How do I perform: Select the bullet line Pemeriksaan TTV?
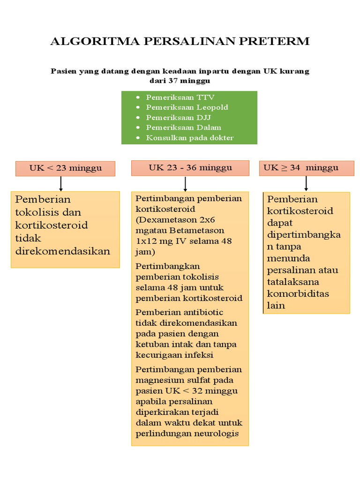(180, 97)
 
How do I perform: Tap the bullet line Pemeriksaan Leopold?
(187, 107)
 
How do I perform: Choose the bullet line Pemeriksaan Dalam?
(183, 127)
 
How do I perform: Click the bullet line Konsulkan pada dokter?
(189, 138)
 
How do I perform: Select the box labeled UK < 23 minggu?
(65, 168)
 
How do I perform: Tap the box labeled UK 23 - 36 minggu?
(190, 168)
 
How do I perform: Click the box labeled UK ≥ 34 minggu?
(307, 168)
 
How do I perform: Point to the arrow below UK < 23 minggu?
(61, 184)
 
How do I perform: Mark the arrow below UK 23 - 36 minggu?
(186, 183)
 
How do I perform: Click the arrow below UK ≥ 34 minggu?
(306, 183)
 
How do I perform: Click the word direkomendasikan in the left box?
(63, 251)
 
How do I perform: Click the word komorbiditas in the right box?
(298, 294)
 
